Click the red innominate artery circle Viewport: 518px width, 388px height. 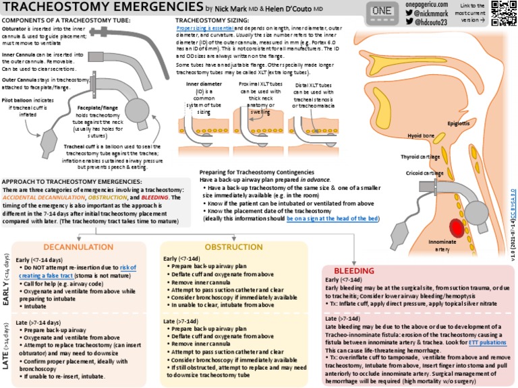pyautogui.click(x=456, y=229)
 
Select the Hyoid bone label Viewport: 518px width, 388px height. pyautogui.click(x=421, y=136)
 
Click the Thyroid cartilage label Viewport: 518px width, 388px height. pyautogui.click(x=420, y=156)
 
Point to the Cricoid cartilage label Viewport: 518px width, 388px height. pyautogui.click(x=424, y=173)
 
